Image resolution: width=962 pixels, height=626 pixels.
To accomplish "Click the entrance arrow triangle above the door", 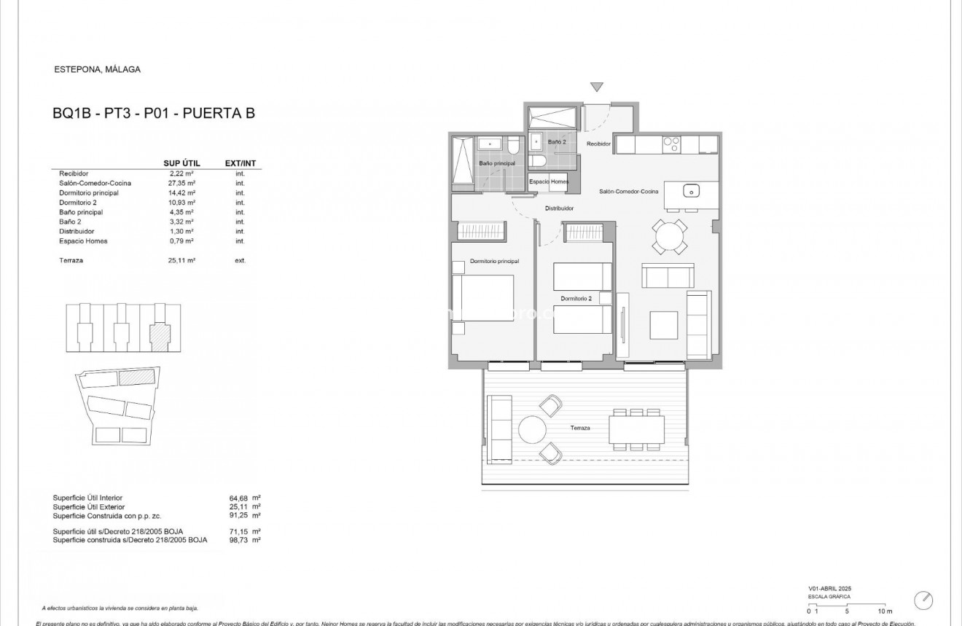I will (597, 87).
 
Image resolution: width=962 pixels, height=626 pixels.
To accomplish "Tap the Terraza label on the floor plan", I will (580, 428).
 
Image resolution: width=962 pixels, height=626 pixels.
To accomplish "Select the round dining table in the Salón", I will (669, 237).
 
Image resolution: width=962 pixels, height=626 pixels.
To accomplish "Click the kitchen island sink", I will (692, 191).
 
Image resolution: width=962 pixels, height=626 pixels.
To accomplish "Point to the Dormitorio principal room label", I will (494, 260).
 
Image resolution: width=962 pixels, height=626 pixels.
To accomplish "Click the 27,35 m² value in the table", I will (181, 184).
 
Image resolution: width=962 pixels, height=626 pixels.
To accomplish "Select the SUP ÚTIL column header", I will (181, 163).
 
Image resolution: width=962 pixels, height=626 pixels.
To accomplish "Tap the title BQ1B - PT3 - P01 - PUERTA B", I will (154, 113).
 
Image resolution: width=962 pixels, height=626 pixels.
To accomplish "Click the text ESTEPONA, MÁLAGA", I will (98, 70).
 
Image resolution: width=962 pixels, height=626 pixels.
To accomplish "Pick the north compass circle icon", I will (923, 600).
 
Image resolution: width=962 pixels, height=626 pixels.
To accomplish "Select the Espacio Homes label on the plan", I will (549, 181).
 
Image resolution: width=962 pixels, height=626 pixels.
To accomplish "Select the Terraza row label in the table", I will (72, 260).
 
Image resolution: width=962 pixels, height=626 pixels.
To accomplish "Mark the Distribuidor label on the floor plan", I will (560, 208).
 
